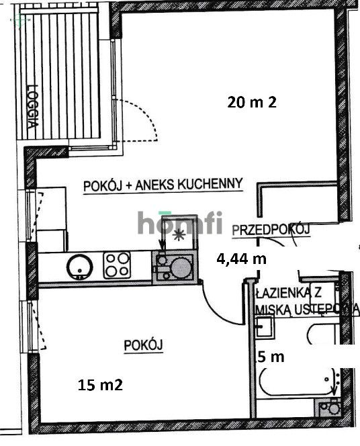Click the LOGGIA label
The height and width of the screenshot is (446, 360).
point(31,105)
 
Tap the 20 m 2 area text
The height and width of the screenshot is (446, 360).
point(252,102)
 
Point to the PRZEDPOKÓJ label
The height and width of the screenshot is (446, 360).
point(270,230)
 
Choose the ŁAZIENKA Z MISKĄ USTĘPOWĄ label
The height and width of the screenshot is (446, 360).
point(303,300)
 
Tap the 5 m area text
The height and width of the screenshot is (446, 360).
point(271,357)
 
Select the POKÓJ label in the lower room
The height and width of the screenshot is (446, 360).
point(144,345)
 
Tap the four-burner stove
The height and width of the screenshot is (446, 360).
point(117,266)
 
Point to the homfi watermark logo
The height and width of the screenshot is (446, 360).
point(179,222)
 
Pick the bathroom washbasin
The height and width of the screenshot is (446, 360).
point(265,327)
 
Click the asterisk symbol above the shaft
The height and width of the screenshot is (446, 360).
point(179,234)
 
